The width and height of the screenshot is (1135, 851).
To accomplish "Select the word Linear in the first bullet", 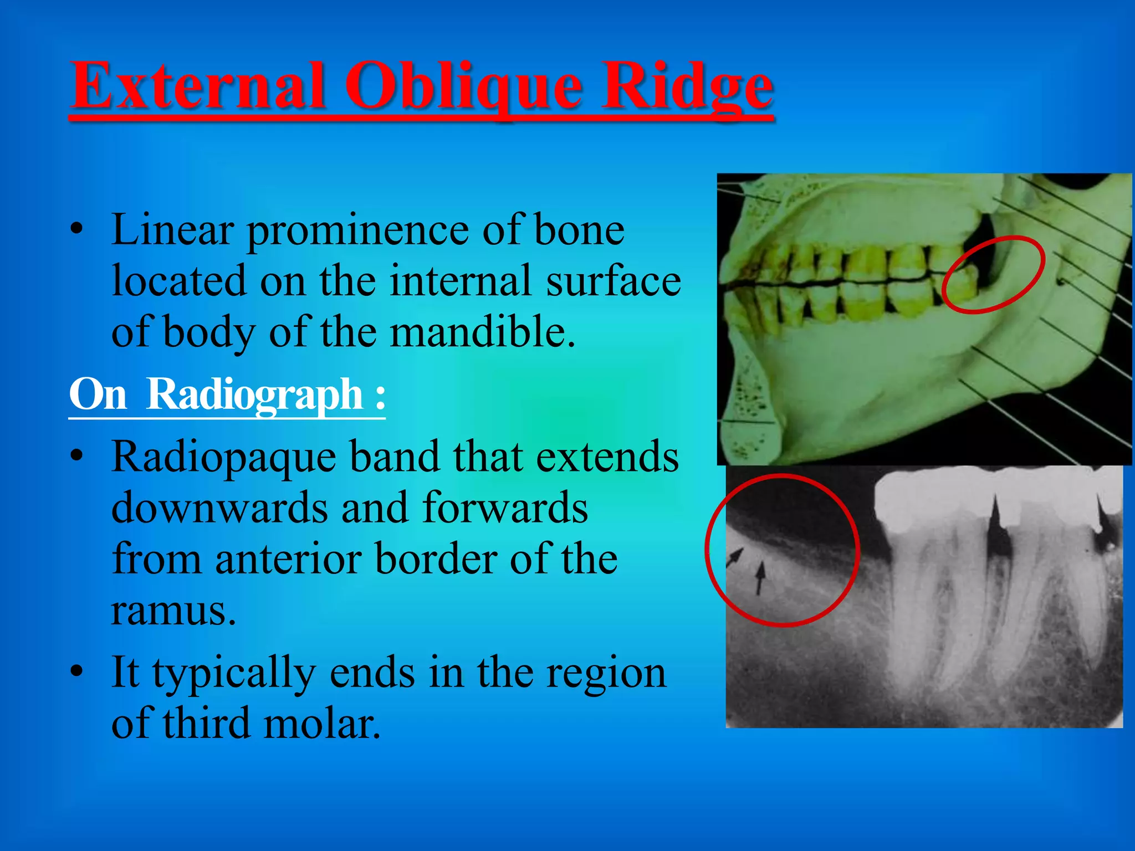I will coord(172,230).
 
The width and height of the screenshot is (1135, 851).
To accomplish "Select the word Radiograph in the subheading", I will coord(254,394).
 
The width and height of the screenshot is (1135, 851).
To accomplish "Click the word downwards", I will coord(219,508).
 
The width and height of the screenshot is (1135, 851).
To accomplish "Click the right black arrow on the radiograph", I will coord(760,576).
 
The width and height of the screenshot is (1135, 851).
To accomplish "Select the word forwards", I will coord(505,508).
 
